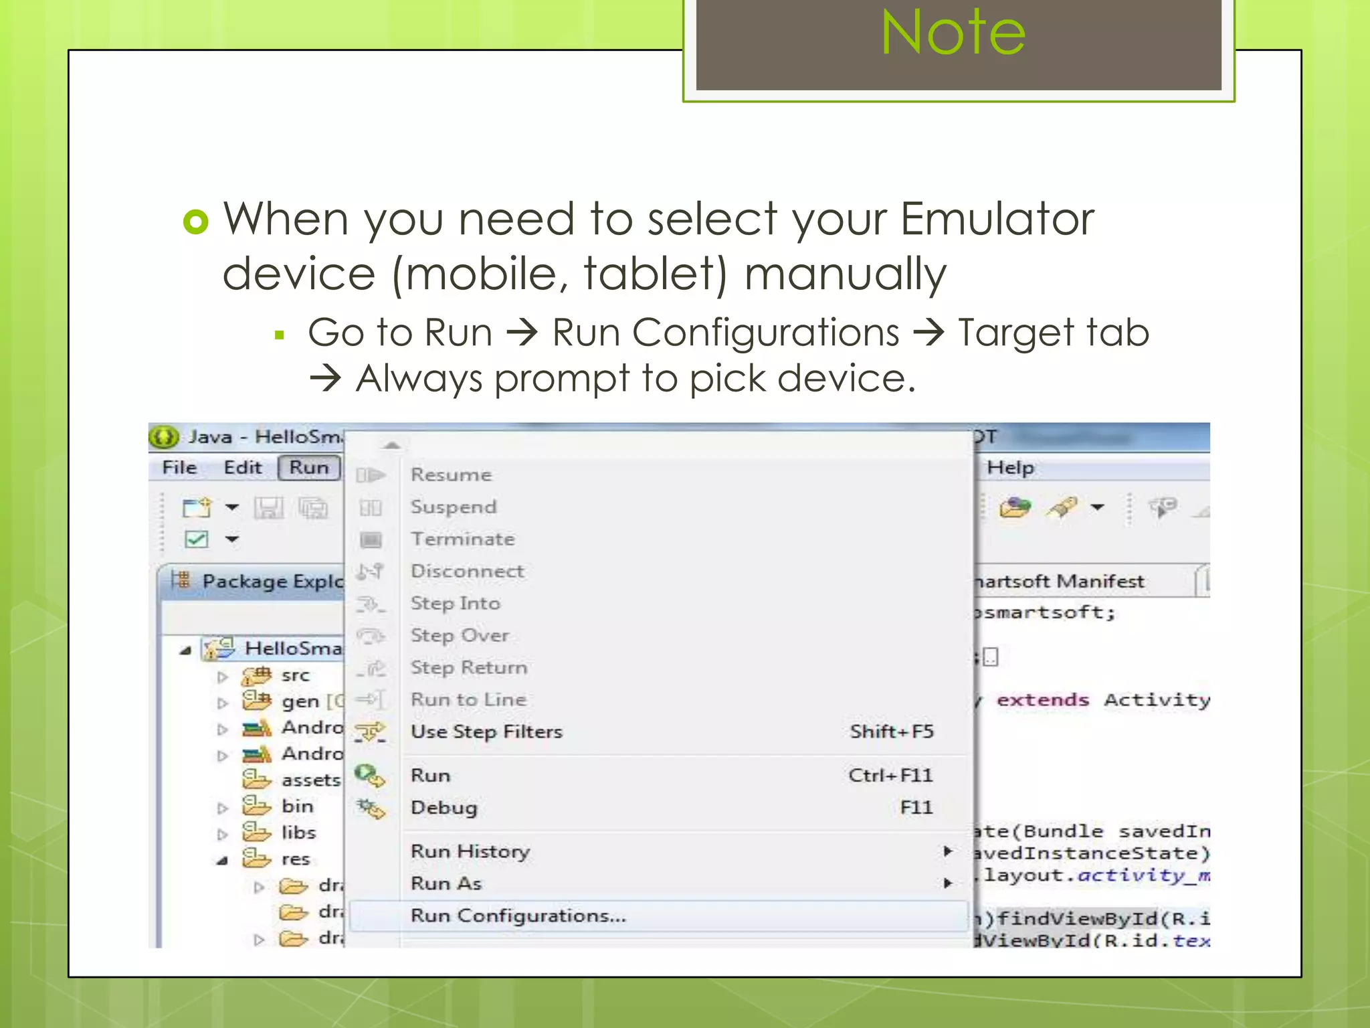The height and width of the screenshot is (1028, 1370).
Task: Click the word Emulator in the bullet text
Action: point(997,219)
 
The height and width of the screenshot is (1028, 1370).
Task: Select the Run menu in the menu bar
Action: point(309,467)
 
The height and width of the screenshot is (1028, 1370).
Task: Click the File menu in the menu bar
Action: point(179,467)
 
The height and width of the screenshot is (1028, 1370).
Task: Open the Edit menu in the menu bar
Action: point(242,467)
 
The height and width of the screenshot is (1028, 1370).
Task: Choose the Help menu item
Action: point(1010,467)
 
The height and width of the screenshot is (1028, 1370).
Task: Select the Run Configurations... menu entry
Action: point(518,916)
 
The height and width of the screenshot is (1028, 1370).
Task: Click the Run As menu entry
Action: point(446,883)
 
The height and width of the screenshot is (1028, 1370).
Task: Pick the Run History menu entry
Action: point(470,851)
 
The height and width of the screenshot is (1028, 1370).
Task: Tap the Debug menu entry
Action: point(444,808)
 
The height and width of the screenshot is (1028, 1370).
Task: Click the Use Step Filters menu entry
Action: point(486,732)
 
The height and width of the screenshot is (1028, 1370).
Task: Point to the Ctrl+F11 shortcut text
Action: point(890,775)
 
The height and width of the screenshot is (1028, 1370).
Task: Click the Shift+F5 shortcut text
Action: point(891,732)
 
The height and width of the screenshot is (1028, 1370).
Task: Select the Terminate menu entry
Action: point(462,539)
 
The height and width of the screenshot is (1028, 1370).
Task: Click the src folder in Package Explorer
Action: point(295,675)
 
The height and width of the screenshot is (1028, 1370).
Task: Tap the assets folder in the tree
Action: point(310,780)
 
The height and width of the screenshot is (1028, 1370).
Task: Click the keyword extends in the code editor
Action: point(1042,700)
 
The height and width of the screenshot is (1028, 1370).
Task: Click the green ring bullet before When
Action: point(196,222)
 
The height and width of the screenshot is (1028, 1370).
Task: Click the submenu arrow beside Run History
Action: point(947,851)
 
